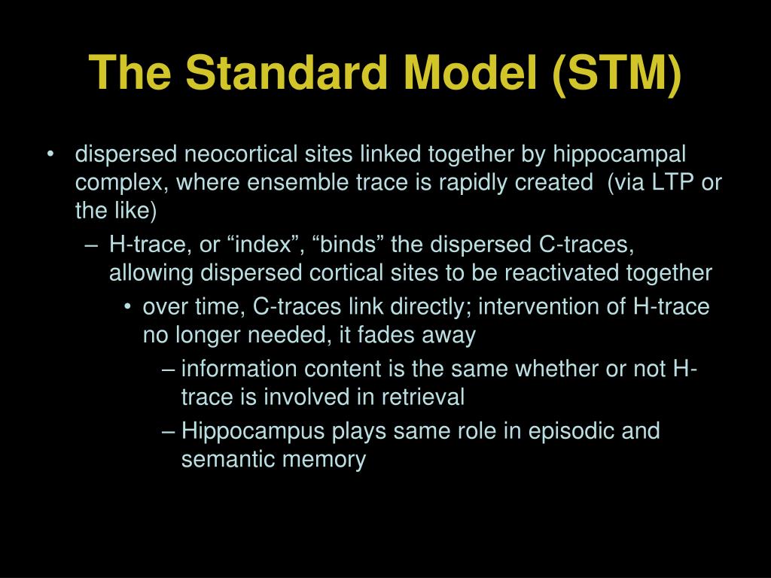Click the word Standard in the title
[287, 72]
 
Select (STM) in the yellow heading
[617, 74]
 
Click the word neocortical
[241, 154]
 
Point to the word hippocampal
[619, 155]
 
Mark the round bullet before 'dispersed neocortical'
[50, 154]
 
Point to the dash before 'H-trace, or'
[92, 245]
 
